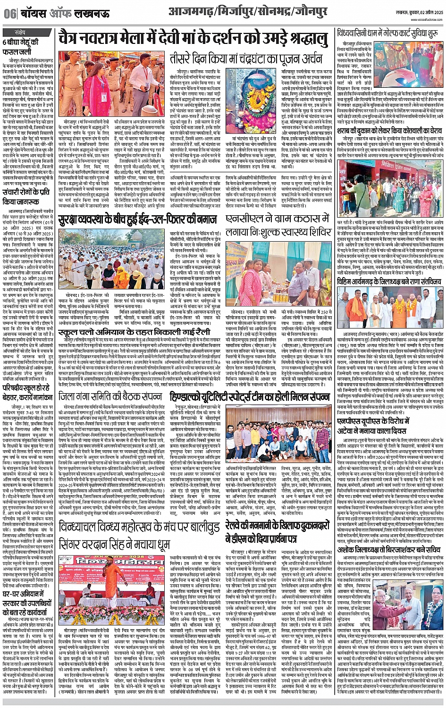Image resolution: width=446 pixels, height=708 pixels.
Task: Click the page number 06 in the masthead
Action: tap(9, 14)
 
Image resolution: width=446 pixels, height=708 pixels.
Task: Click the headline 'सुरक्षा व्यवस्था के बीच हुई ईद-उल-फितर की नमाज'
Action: tap(143, 221)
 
